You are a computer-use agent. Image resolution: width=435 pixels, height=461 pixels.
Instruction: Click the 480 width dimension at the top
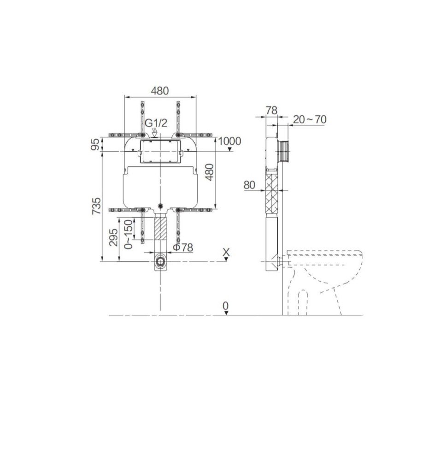click(160, 90)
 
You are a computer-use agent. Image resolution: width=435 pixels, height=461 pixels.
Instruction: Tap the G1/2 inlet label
click(156, 123)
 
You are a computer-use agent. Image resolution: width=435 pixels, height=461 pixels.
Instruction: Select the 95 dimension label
click(95, 144)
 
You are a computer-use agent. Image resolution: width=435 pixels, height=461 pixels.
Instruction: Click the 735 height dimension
click(96, 206)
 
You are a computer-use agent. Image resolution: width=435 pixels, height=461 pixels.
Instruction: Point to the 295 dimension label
click(113, 237)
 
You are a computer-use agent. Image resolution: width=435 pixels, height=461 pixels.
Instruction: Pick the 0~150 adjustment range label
click(129, 234)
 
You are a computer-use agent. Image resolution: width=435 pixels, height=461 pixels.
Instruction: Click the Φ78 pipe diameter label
click(183, 248)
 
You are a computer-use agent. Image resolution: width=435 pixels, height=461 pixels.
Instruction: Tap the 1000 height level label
click(230, 141)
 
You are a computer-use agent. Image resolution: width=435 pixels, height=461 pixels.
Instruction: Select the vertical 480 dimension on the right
click(209, 172)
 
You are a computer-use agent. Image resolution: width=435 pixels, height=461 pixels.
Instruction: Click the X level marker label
click(226, 252)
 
